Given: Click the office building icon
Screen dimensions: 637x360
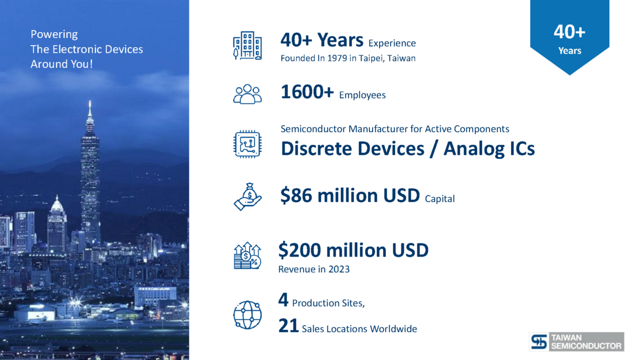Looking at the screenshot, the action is click(x=247, y=46).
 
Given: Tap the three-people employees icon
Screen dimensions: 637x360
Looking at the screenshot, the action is click(x=247, y=94).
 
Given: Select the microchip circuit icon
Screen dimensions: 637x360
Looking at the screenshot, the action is click(x=247, y=144).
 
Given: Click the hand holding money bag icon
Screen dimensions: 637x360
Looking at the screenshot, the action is click(x=247, y=196).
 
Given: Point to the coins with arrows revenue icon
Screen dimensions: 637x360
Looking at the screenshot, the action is click(x=247, y=255).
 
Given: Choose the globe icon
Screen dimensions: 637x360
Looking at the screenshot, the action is click(x=247, y=315).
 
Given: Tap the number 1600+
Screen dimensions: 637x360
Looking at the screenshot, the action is click(x=307, y=92).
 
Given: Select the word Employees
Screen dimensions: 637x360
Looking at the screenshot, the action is click(x=362, y=95).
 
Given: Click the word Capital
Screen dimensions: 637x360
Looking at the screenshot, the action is click(x=440, y=199).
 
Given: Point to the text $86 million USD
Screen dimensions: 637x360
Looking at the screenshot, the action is click(x=350, y=195).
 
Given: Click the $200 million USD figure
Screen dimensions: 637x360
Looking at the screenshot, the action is click(x=353, y=250).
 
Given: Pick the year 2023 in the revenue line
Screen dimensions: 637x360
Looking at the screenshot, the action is click(x=339, y=269).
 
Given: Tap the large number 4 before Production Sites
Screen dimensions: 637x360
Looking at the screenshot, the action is click(x=283, y=299).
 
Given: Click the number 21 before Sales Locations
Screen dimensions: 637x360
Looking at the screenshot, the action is click(x=288, y=325).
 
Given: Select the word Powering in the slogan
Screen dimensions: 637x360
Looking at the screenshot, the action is click(x=54, y=35).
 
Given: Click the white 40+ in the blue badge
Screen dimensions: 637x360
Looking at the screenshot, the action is click(x=569, y=31).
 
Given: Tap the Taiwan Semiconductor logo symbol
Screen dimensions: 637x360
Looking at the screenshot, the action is click(x=539, y=341).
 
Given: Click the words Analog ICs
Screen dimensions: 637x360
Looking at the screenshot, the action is click(x=489, y=149).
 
